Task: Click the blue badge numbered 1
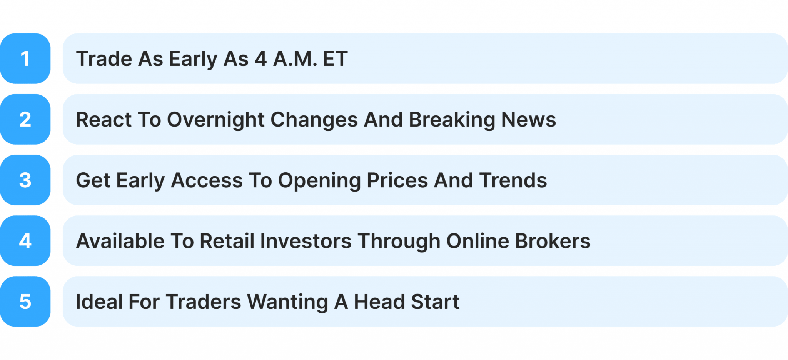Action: click(x=25, y=58)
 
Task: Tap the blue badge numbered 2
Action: click(x=25, y=119)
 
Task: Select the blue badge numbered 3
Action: click(x=25, y=180)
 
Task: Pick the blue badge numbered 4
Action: click(x=25, y=241)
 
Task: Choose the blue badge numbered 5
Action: click(x=25, y=302)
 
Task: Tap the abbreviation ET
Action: click(x=335, y=59)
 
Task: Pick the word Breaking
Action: click(x=452, y=120)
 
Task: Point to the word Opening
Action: click(x=319, y=180)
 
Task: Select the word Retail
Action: click(x=227, y=241)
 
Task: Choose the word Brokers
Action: click(x=553, y=241)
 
